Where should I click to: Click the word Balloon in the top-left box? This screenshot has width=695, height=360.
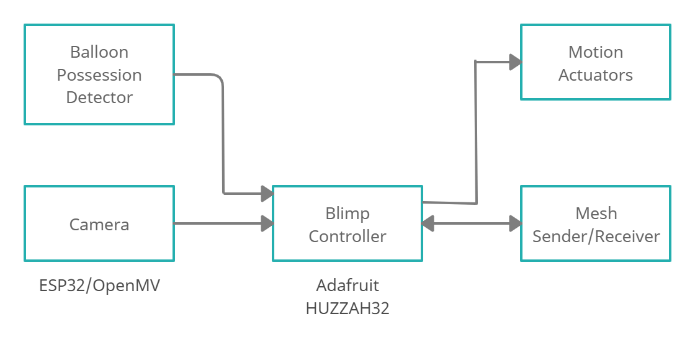99,52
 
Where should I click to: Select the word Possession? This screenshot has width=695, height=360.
99,75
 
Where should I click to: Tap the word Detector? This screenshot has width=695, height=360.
99,97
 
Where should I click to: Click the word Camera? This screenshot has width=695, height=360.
99,224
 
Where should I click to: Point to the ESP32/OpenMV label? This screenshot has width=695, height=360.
99,286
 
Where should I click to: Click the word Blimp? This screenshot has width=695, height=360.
347,214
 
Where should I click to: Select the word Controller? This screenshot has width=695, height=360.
347,236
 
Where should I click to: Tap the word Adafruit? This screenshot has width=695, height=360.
347,286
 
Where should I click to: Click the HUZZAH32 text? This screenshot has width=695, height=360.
347,308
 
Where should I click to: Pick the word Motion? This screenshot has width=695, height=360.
596,52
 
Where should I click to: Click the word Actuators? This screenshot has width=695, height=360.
596,75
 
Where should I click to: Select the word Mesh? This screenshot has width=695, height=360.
596,214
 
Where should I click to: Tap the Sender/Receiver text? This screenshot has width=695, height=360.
596,236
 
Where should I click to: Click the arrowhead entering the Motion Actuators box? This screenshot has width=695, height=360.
514,61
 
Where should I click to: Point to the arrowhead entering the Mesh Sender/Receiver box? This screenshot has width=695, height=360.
514,223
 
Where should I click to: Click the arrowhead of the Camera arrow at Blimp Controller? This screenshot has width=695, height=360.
267,223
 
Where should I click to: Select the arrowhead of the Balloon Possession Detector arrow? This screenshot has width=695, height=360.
267,194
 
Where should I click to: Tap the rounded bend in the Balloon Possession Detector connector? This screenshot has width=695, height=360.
219,79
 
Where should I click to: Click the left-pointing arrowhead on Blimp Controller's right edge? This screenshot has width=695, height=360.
428,223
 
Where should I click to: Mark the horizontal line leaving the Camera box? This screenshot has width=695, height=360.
217,223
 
